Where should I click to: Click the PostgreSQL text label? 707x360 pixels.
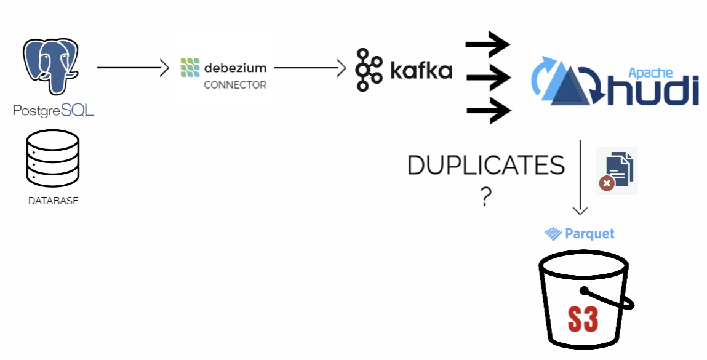pos(54,111)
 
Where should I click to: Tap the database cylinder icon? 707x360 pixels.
pos(53,159)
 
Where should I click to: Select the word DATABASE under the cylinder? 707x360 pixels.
pos(54,201)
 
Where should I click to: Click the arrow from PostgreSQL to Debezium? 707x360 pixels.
pos(132,68)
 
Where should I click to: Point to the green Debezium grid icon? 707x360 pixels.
pos(190,68)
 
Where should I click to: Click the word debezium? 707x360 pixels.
pos(236,66)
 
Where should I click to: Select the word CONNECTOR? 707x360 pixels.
pos(235,85)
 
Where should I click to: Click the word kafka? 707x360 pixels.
pos(421,70)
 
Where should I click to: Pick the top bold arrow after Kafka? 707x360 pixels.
pos(488,44)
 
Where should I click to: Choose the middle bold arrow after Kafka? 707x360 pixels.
pos(488,78)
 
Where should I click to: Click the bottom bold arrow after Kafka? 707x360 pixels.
pos(488,111)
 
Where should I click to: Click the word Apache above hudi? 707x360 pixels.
pos(650,72)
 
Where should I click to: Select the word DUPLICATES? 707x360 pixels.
pos(486,166)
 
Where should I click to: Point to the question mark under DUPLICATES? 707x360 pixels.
pos(486,197)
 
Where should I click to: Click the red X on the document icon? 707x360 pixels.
pos(607,183)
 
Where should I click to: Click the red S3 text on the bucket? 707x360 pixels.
pos(582,318)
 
